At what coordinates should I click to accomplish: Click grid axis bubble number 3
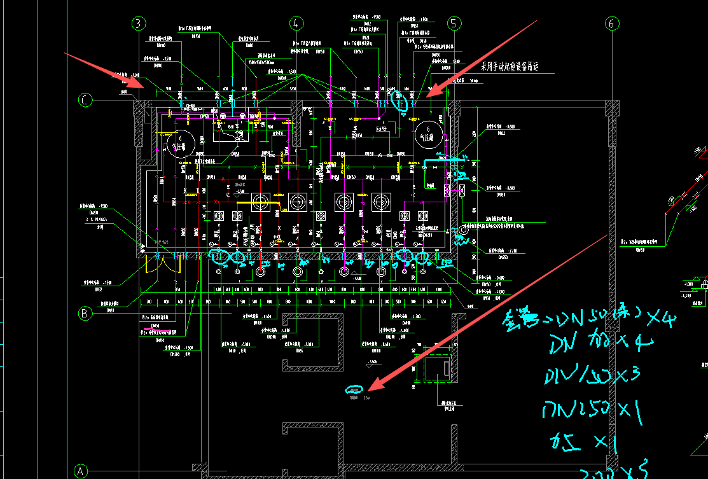coord(139,24)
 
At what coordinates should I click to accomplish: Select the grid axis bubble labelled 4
coord(296,24)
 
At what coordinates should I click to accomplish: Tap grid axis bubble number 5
coord(454,24)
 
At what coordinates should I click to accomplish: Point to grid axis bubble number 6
coord(612,24)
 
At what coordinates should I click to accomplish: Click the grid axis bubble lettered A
coord(80,471)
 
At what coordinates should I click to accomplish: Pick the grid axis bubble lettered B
coord(85,313)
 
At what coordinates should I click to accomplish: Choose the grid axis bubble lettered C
coord(85,100)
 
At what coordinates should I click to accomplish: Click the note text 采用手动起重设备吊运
coord(509,66)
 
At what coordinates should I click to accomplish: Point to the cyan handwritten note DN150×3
coord(583,376)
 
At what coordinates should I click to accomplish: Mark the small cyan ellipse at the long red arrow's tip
coord(354,389)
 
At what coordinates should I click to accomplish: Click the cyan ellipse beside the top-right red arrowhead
coord(400,100)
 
